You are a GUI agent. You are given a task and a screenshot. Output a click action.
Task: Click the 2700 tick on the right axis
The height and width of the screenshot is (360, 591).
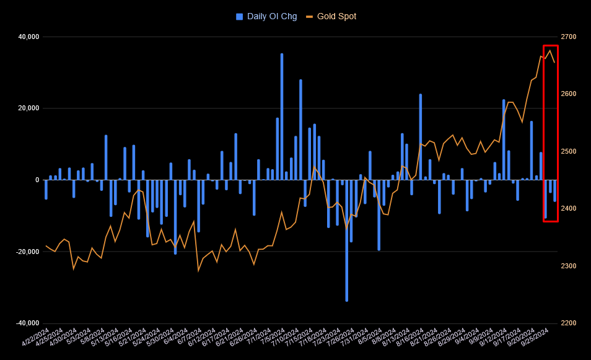click(568, 37)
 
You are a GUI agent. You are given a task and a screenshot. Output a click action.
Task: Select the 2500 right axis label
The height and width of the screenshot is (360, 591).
click(568, 152)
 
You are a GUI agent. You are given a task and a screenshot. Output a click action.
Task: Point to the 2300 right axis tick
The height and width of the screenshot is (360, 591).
click(568, 266)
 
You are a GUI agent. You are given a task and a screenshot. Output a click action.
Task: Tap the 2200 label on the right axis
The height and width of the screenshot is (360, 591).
click(568, 323)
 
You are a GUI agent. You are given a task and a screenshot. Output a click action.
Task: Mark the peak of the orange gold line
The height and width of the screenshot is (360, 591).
click(550, 50)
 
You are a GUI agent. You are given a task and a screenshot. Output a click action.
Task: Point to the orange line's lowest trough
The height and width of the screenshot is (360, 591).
click(198, 270)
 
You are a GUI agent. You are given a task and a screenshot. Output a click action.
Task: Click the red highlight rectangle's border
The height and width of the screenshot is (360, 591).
click(544, 124)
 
